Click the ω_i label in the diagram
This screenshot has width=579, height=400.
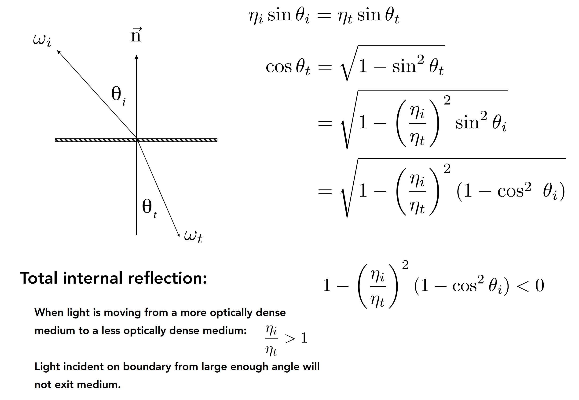click(42, 40)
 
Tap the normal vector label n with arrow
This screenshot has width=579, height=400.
click(136, 35)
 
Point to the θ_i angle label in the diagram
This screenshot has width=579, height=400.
click(118, 96)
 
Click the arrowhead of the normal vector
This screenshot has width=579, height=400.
click(136, 57)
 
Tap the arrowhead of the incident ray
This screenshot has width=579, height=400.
click(59, 52)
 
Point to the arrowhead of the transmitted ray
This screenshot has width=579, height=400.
click(179, 235)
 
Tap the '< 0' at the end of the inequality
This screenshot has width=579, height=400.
click(530, 285)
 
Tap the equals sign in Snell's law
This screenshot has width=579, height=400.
click(324, 15)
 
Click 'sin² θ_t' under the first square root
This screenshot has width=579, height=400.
click(418, 66)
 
